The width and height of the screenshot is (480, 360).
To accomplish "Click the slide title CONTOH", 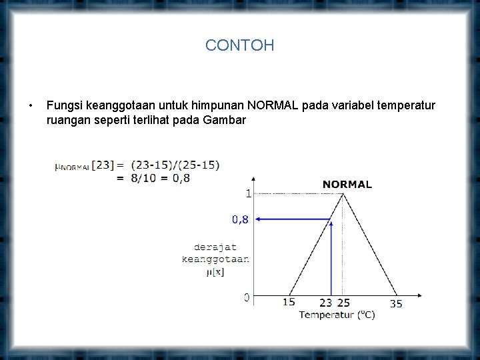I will (x=239, y=45).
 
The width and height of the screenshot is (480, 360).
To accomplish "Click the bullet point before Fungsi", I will (x=31, y=106).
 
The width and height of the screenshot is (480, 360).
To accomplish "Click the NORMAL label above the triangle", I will (x=347, y=184).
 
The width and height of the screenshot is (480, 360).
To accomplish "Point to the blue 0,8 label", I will (x=240, y=219).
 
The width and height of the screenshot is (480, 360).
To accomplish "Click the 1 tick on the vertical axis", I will (x=248, y=193).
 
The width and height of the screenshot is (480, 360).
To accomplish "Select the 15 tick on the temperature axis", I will (x=289, y=303).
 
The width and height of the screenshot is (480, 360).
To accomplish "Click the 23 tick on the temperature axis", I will (x=325, y=303).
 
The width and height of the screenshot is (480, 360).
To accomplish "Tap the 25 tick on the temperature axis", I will (x=343, y=303).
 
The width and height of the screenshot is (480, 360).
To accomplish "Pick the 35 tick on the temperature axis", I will (x=396, y=303).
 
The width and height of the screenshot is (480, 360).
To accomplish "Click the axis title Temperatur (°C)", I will (x=337, y=314).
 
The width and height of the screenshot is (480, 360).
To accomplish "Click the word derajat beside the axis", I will (x=215, y=247).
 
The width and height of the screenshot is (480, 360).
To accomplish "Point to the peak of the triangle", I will (x=343, y=194).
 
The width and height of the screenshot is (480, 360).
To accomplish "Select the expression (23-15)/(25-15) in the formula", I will (x=175, y=165).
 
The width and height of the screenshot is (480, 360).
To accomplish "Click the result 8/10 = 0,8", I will (x=161, y=177).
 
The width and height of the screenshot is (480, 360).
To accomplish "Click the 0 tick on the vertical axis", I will (x=247, y=297).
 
